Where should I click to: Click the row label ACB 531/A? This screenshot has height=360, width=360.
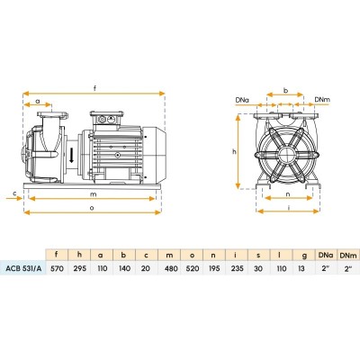click(26, 267)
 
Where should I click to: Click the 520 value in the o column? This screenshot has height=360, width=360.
click(189, 267)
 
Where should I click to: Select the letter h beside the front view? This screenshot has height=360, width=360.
click(232, 153)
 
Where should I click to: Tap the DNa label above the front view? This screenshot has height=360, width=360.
click(243, 98)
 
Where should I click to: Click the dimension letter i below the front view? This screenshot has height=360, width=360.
click(287, 206)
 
